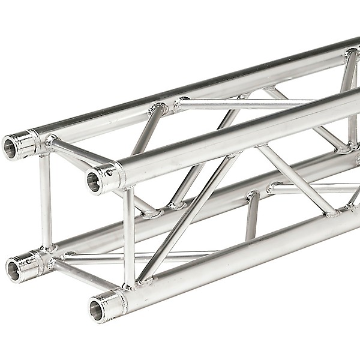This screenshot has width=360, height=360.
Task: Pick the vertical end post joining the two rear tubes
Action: click(46, 201)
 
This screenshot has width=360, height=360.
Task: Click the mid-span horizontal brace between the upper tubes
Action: click(240, 103)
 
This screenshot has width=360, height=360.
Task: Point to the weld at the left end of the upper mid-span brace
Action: click(178, 105)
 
